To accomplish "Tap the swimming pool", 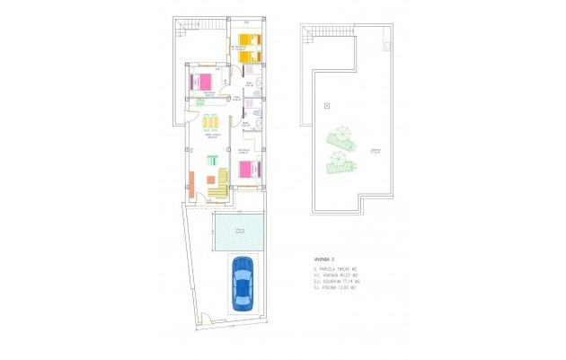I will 240,232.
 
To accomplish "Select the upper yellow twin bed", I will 245,40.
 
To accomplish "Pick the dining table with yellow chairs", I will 213,123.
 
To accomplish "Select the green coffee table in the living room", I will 212,161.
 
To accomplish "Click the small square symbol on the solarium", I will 327,106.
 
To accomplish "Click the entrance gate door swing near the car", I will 206,317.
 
